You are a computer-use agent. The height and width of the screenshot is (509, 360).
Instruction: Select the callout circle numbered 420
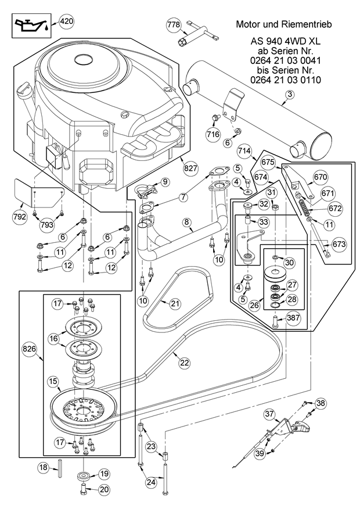click(x=67, y=22)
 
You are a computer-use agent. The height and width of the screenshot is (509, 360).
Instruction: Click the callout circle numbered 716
click(x=213, y=134)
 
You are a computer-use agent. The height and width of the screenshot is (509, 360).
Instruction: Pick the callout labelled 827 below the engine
click(x=190, y=167)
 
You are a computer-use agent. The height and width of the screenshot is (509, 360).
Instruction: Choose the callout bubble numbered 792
click(x=20, y=216)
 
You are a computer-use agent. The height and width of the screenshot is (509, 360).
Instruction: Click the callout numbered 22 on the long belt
click(x=184, y=362)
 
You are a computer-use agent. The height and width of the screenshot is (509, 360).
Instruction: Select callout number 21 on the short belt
click(x=175, y=303)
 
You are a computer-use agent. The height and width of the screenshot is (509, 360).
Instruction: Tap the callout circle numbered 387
click(x=293, y=318)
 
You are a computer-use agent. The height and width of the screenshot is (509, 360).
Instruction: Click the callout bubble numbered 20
click(x=104, y=489)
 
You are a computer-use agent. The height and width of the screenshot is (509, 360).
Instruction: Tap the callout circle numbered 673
click(x=339, y=244)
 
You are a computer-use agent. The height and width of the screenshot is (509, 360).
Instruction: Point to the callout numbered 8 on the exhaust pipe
click(x=187, y=221)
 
